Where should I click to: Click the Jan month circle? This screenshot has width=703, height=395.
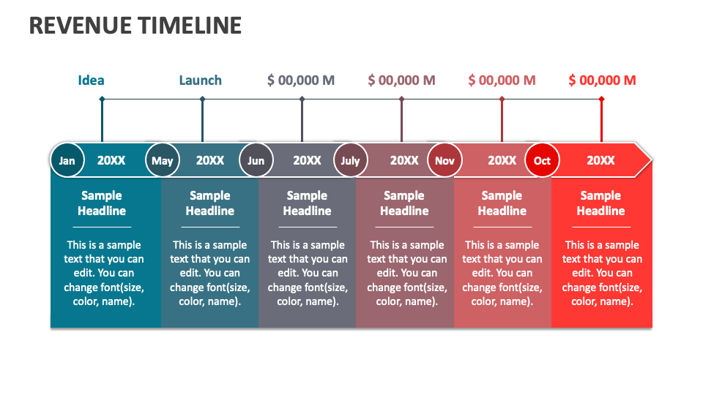(x=67, y=161)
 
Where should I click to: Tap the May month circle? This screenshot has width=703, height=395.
(x=163, y=161)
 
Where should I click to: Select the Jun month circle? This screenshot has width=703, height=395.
(x=256, y=161)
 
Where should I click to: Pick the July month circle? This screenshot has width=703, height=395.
(x=351, y=161)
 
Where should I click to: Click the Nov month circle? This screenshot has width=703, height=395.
(x=445, y=161)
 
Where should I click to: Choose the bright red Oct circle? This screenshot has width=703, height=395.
(x=542, y=161)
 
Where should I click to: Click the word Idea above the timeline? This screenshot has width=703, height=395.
(x=92, y=80)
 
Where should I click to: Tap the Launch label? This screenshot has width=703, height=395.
(x=201, y=80)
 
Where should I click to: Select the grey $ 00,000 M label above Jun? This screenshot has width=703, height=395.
(x=301, y=80)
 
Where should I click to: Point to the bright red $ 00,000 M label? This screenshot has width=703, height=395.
(x=602, y=80)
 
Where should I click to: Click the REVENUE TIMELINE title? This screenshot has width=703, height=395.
(x=135, y=26)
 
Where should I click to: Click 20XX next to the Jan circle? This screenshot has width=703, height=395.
(x=111, y=161)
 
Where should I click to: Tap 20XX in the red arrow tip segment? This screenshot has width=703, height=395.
(x=600, y=161)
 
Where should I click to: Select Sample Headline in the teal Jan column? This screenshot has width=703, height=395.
(x=102, y=203)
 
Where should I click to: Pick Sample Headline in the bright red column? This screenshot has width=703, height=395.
(x=600, y=203)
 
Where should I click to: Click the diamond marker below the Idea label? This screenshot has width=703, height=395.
(x=102, y=99)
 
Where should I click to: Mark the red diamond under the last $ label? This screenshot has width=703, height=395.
(x=601, y=99)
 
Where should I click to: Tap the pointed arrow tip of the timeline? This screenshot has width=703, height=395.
(x=646, y=160)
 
